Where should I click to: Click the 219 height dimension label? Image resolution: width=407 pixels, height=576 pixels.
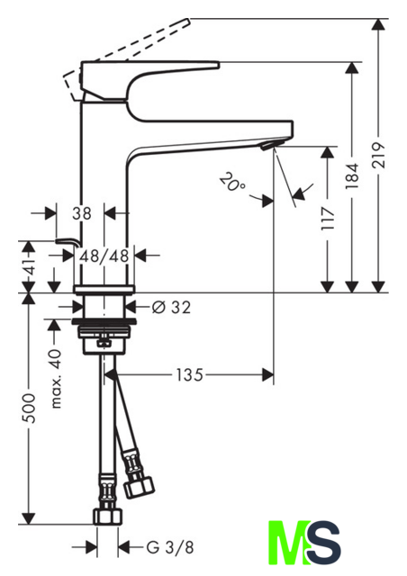tap(379, 155)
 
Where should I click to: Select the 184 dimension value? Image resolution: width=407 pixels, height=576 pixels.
tap(352, 176)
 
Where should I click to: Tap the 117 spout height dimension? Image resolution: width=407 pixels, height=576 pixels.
tap(328, 218)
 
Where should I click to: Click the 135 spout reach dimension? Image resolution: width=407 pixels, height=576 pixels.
tap(190, 375)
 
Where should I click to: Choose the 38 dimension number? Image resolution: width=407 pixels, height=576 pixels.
tap(82, 213)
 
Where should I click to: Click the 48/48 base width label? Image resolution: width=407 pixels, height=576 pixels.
tap(104, 256)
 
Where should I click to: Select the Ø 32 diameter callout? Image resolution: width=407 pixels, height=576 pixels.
tap(171, 307)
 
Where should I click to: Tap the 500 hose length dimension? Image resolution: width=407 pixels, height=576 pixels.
tap(29, 408)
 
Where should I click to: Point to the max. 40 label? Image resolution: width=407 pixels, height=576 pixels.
tap(55, 380)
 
